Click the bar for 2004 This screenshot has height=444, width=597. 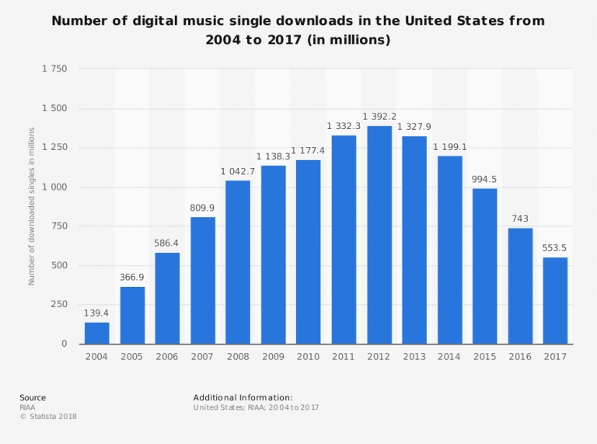pyautogui.click(x=97, y=333)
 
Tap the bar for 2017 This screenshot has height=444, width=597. pyautogui.click(x=555, y=300)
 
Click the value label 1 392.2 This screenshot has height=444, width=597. pyautogui.click(x=379, y=116)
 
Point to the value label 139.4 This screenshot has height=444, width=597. pyautogui.click(x=97, y=312)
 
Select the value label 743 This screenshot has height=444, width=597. pyautogui.click(x=520, y=218)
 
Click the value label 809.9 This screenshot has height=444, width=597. pyautogui.click(x=203, y=208)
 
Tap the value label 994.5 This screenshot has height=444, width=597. pyautogui.click(x=484, y=179)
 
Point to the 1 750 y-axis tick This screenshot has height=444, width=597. pyautogui.click(x=54, y=69)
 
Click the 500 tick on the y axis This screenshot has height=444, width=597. pyautogui.click(x=59, y=266)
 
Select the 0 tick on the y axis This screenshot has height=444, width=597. pyautogui.click(x=65, y=344)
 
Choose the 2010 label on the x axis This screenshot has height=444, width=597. pyautogui.click(x=309, y=356)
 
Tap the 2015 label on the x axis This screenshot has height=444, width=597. pyautogui.click(x=484, y=356)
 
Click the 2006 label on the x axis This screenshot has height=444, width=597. pyautogui.click(x=167, y=356)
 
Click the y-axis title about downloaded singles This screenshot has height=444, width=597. pyautogui.click(x=32, y=206)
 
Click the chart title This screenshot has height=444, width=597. pyautogui.click(x=298, y=30)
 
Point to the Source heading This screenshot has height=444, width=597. pyautogui.click(x=33, y=397)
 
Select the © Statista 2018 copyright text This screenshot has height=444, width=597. pyautogui.click(x=48, y=417)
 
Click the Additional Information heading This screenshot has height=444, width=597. pyautogui.click(x=243, y=397)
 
